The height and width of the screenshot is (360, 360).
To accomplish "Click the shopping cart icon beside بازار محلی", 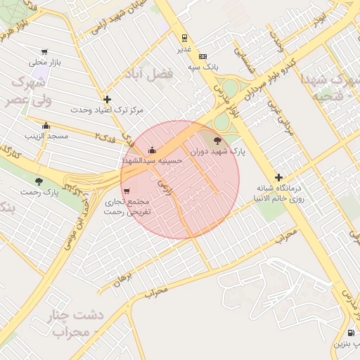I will tap(45, 51).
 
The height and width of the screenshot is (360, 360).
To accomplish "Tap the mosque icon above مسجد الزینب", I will tap(46, 124).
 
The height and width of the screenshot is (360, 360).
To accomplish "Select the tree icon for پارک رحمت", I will tap(39, 181).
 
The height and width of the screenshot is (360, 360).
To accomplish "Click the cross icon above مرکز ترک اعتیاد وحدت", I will tap(107, 100).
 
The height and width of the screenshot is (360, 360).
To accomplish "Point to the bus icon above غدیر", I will tap(184, 38).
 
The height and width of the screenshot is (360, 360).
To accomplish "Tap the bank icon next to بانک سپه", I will tap(203, 56).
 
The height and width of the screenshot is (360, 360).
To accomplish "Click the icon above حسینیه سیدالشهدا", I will tap(153, 150).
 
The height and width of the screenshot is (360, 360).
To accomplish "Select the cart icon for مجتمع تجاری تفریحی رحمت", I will tap(126, 191).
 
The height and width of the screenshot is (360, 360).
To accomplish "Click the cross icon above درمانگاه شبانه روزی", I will tap(279, 177).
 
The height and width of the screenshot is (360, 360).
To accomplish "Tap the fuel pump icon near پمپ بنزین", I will tap(351, 333).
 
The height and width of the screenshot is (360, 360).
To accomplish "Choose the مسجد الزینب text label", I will tap(46, 135).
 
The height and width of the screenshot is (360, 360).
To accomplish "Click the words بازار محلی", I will tap(46, 62).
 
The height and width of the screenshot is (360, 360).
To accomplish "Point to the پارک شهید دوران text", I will tap(218, 151).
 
